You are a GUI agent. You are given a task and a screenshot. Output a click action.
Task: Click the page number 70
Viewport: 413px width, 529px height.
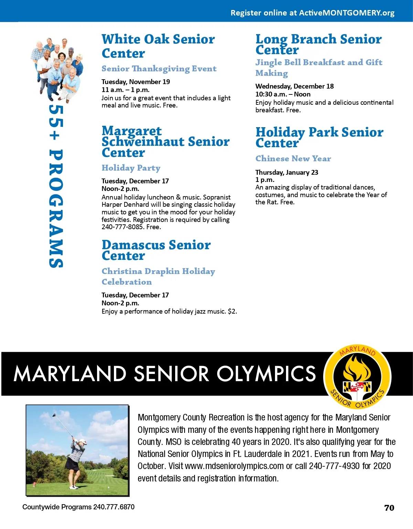point(389,508)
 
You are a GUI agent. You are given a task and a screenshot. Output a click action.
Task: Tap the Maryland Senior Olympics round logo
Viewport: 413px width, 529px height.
point(358,377)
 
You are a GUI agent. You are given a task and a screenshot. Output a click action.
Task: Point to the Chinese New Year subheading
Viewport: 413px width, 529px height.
point(293,159)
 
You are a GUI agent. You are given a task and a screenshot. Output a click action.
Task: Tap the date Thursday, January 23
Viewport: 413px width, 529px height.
point(287,172)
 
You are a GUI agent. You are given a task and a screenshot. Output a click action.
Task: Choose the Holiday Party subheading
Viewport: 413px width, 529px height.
point(131,168)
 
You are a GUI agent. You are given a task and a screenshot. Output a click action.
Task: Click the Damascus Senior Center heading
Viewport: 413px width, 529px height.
point(156,250)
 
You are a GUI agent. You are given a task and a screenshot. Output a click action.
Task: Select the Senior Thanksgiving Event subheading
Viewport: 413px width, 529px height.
point(159,69)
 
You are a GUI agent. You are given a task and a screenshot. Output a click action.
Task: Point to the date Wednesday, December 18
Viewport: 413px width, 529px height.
point(295,86)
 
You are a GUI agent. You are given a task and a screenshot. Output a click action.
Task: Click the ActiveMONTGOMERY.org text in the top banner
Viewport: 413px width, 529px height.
point(347,13)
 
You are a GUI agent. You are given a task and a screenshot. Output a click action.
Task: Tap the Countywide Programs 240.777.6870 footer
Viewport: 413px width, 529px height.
point(78,507)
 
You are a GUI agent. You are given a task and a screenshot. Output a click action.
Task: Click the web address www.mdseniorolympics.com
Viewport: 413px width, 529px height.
point(234,466)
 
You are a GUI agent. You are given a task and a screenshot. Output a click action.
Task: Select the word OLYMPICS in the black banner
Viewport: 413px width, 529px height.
point(266,374)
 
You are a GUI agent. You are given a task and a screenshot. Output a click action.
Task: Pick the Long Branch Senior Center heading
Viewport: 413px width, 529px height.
point(318,44)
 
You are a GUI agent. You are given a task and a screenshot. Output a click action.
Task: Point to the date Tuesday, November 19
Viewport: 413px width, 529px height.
point(136,82)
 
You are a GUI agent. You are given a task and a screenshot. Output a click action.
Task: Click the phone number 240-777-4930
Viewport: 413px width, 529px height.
point(334,466)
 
